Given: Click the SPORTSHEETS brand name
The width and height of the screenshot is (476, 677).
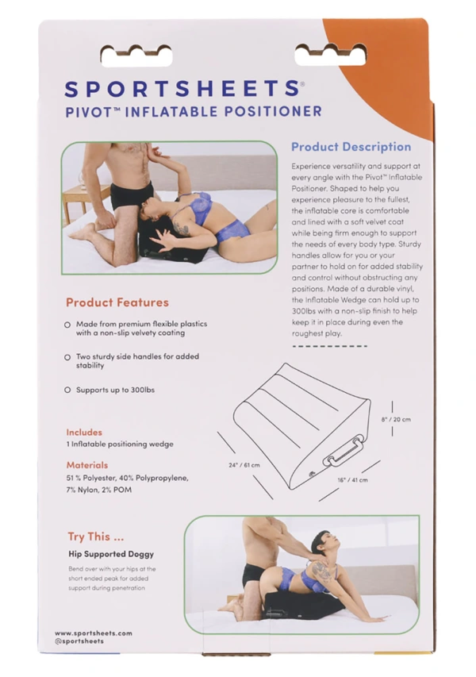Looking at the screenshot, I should [182, 87].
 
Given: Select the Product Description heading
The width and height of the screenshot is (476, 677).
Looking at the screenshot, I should [351, 147].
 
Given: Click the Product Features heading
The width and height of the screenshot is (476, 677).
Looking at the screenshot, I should [117, 302].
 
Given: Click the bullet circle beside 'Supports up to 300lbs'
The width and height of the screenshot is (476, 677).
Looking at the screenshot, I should [67, 390].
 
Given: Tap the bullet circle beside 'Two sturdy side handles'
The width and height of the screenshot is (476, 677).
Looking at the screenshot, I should [67, 357].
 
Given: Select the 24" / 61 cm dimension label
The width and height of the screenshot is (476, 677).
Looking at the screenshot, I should [243, 465].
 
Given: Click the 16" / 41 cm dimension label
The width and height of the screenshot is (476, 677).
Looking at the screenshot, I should [351, 479].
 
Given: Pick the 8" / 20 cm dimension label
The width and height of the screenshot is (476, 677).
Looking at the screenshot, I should [396, 419].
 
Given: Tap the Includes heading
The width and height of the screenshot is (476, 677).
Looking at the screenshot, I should [84, 433].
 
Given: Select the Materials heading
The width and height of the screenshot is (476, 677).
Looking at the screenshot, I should [87, 465].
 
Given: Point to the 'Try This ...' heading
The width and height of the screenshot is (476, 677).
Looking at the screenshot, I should [95, 537].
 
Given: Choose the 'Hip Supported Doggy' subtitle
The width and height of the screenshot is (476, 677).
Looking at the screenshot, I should [110, 554].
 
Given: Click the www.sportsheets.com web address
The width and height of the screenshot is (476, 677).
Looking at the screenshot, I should [94, 633].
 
